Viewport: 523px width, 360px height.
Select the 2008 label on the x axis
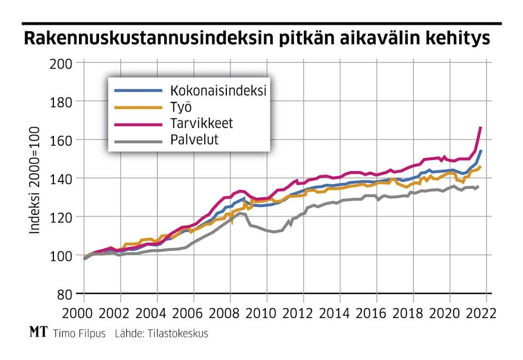pyautogui.click(x=229, y=313)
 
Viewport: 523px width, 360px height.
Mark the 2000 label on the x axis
pyautogui.click(x=84, y=313)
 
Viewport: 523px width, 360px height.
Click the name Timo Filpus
pyautogui.click(x=79, y=333)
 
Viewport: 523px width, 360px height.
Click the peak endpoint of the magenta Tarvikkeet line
pyautogui.click(x=480, y=127)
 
